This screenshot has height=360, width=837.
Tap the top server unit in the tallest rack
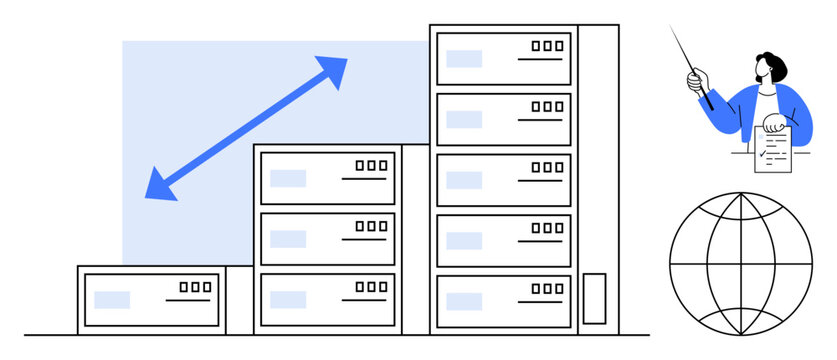(x=503, y=58)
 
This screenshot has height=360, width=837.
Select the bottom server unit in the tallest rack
(x=503, y=301)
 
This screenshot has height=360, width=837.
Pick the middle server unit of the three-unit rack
(x=327, y=239)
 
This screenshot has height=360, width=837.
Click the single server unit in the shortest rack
(x=151, y=299)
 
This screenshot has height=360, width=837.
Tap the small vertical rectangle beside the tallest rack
(x=594, y=298)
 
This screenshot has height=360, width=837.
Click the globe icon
(x=741, y=263)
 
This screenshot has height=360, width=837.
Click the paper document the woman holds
(x=772, y=150)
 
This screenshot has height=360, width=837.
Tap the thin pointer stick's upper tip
(x=672, y=29)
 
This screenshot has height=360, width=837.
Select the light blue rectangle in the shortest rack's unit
(x=112, y=299)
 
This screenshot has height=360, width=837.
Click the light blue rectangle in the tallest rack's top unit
(x=464, y=58)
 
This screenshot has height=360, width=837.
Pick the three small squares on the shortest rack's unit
(x=195, y=287)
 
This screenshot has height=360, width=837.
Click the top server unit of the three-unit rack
(x=327, y=178)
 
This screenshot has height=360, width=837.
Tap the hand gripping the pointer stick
(x=696, y=78)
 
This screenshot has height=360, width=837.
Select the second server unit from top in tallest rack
(x=503, y=119)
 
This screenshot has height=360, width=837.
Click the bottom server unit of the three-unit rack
(x=327, y=299)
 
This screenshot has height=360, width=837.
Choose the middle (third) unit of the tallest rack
(x=503, y=180)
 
